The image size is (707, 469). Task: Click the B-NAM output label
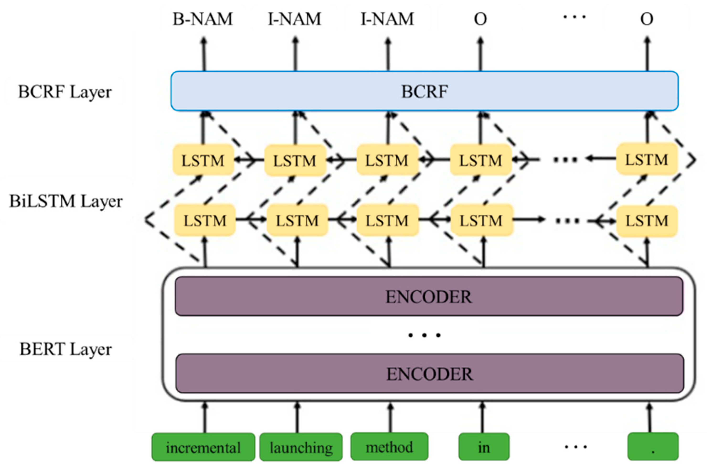click(x=203, y=19)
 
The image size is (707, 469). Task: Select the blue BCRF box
click(x=424, y=91)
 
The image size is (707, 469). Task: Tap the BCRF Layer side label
click(x=65, y=92)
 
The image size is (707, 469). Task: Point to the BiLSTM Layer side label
click(x=66, y=201)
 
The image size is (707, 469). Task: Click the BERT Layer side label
click(x=66, y=349)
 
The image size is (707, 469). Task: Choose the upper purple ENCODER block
click(x=429, y=296)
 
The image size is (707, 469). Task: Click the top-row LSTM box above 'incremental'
click(x=203, y=160)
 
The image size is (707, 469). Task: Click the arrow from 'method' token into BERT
click(x=390, y=417)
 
